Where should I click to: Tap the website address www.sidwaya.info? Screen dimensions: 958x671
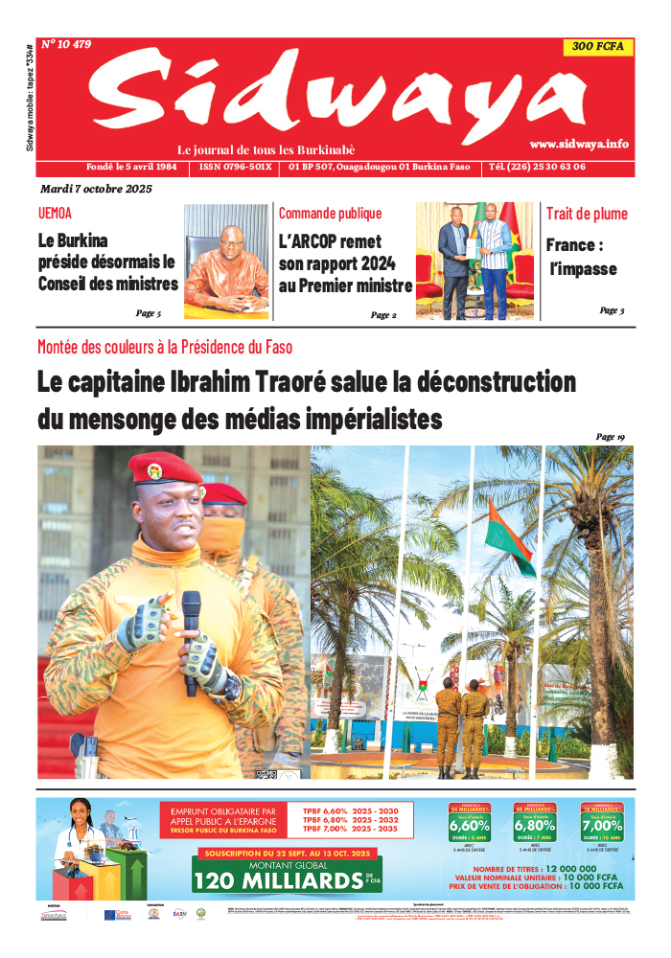(x=579, y=144)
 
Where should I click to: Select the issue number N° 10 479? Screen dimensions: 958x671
(x=66, y=44)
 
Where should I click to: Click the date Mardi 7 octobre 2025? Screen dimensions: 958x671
(x=96, y=189)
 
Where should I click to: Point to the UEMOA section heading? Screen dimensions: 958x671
(x=55, y=214)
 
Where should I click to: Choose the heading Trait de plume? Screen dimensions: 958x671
(x=587, y=214)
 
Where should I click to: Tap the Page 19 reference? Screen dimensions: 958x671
(x=610, y=437)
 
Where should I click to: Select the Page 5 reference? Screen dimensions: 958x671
(x=148, y=313)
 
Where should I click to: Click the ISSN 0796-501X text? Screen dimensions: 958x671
(x=236, y=167)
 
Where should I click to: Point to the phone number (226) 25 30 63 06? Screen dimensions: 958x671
(x=550, y=167)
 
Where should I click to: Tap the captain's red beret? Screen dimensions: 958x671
(x=164, y=468)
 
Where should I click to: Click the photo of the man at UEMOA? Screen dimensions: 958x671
(x=226, y=261)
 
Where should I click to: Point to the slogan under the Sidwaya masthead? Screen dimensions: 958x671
(x=266, y=150)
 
